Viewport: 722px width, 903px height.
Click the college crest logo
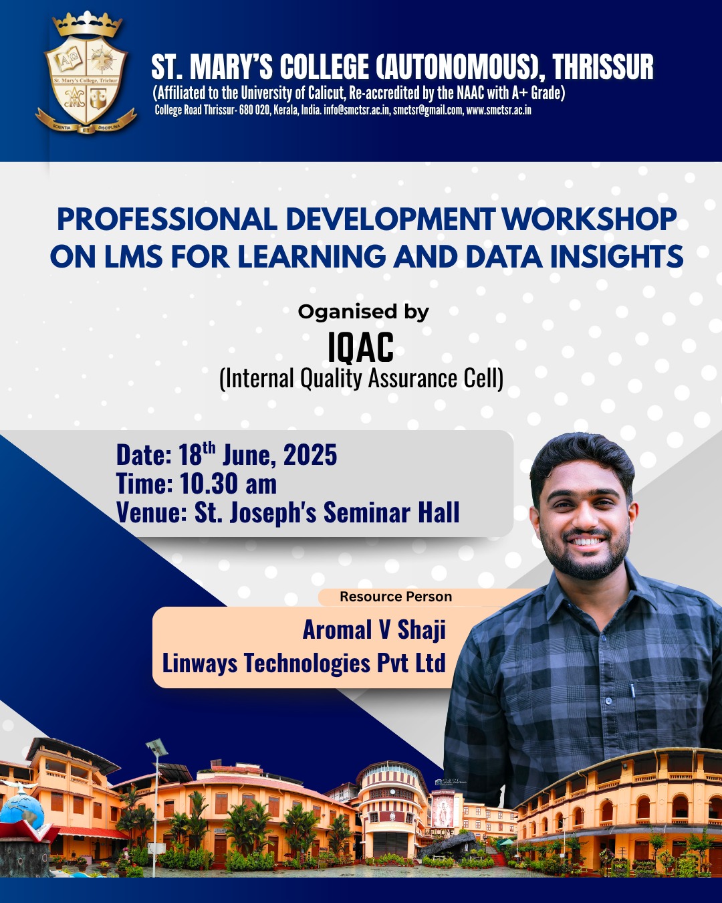[86, 73]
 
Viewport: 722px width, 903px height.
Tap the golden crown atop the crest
[88, 24]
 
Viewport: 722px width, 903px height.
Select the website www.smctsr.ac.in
[499, 110]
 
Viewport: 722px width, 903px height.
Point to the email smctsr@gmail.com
[427, 110]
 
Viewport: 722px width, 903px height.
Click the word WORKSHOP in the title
[589, 219]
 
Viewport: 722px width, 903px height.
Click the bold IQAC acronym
[361, 347]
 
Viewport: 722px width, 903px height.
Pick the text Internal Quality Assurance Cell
[361, 379]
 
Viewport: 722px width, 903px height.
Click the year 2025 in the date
[310, 455]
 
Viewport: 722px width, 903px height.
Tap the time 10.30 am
[228, 484]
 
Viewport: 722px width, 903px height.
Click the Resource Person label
[396, 597]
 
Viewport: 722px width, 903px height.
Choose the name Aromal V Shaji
[374, 630]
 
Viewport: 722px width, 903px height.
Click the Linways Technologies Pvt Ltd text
[304, 664]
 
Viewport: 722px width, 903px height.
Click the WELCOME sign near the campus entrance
[439, 832]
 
